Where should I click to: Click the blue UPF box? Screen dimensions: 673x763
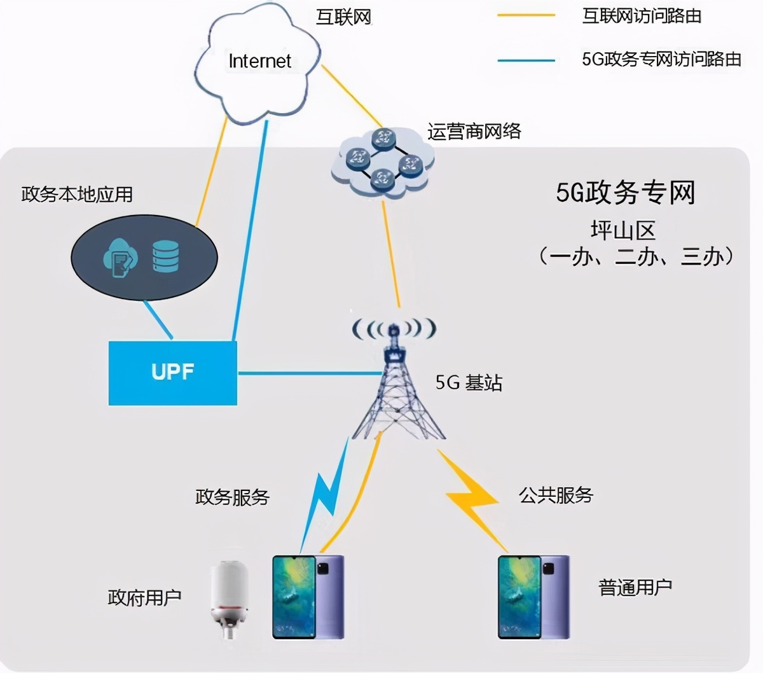(x=172, y=373)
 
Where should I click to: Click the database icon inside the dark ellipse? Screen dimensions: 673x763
(x=165, y=256)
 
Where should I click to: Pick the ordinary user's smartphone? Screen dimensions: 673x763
(x=533, y=597)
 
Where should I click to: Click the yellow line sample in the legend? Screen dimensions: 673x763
(x=526, y=15)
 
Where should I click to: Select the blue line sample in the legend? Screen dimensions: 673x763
(x=526, y=61)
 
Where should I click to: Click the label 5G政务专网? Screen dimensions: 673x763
(x=626, y=192)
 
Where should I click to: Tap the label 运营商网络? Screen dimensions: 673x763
(x=474, y=131)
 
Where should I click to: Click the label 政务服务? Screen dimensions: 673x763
(x=232, y=497)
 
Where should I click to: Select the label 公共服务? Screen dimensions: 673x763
(x=556, y=495)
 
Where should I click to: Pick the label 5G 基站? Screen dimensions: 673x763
(x=469, y=382)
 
